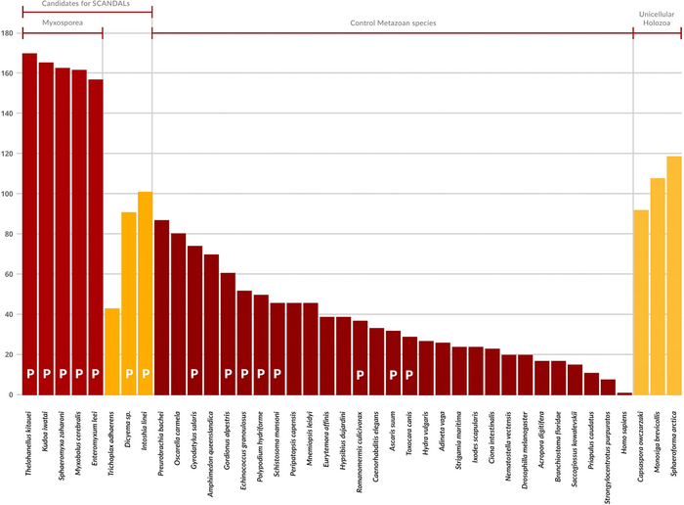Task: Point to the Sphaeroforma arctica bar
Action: click(x=674, y=275)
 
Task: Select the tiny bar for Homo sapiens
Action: click(x=624, y=393)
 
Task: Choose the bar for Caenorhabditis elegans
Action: click(x=376, y=361)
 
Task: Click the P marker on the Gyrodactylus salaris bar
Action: click(x=195, y=374)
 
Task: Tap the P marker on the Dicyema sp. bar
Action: click(x=129, y=374)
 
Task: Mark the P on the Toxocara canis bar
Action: click(x=409, y=374)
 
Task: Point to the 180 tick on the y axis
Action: click(x=7, y=33)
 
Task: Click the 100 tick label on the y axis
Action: click(x=7, y=194)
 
